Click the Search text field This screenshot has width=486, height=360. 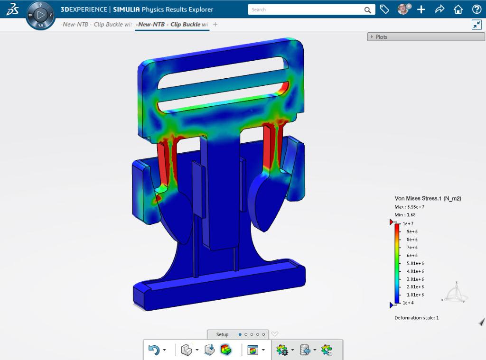click(306, 9)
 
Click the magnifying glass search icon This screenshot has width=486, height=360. click(368, 9)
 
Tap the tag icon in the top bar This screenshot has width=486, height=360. click(384, 9)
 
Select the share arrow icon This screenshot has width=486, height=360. click(439, 9)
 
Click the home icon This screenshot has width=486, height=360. click(458, 9)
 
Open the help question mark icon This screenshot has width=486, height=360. click(477, 9)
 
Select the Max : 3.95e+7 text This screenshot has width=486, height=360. click(409, 207)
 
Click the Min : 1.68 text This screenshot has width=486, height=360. click(405, 215)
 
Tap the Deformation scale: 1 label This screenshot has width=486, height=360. click(416, 318)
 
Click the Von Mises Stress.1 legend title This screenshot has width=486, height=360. click(428, 198)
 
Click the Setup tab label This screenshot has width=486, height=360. click(222, 334)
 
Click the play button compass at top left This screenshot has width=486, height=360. click(41, 15)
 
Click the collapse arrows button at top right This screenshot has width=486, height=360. click(477, 25)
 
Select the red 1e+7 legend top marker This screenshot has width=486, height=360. click(392, 222)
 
